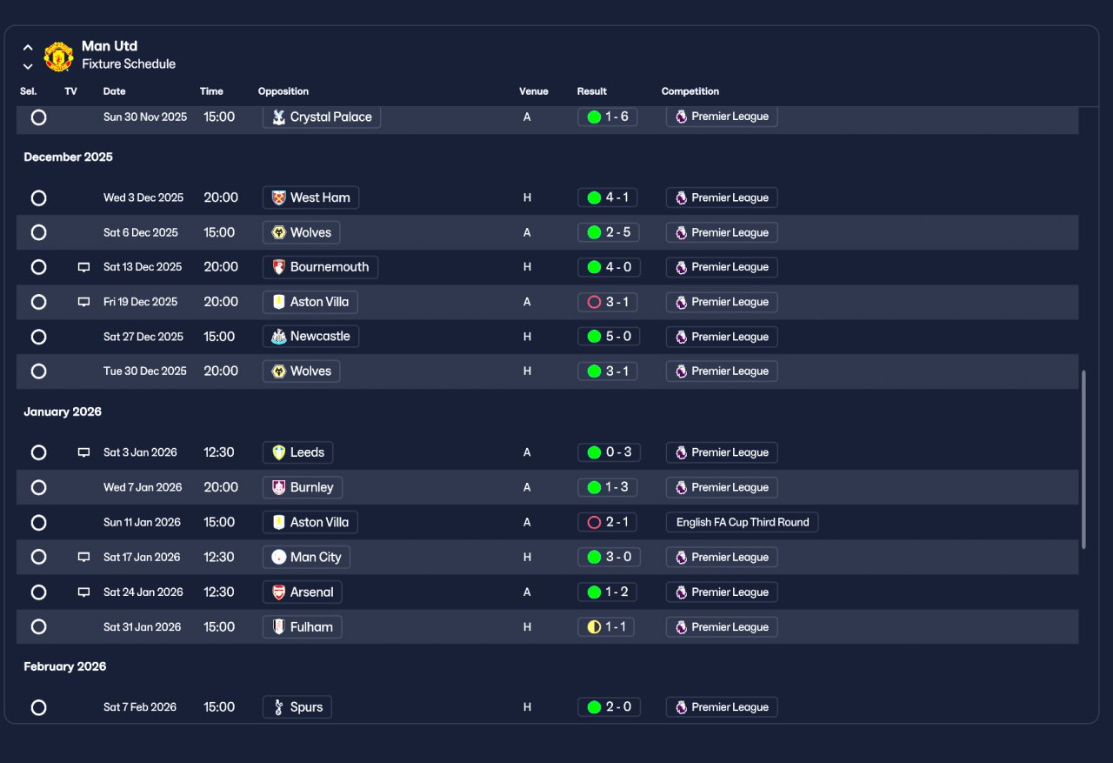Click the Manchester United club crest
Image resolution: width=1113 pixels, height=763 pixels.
[58, 57]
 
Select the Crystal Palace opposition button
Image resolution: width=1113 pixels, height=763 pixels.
[322, 117]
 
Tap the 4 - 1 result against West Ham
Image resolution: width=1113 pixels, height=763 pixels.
[607, 197]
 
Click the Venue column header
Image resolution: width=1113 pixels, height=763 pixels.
[533, 91]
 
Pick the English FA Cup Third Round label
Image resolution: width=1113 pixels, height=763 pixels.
[742, 522]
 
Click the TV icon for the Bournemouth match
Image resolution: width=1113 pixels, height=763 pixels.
[84, 267]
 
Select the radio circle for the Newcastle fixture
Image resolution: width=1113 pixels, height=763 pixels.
[39, 337]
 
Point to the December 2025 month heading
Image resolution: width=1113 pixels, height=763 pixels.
[68, 157]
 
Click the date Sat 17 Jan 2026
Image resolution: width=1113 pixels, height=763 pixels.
[142, 557]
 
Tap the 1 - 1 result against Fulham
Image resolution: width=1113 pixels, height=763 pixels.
[606, 627]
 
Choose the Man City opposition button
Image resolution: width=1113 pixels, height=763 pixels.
[306, 557]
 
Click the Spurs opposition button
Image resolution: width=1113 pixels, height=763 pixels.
[297, 707]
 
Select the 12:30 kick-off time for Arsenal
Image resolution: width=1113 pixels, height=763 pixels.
[218, 592]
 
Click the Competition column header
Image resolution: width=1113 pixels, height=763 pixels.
[690, 91]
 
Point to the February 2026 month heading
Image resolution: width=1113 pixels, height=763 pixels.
[65, 666]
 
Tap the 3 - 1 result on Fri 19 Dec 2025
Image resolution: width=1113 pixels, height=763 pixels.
[607, 302]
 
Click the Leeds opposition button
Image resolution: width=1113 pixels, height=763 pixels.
[297, 452]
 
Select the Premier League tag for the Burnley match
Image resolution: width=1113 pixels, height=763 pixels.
[722, 487]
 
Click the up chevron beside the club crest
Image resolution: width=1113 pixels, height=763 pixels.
[28, 48]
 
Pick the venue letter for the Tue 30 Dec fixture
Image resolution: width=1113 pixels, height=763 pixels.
[527, 371]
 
